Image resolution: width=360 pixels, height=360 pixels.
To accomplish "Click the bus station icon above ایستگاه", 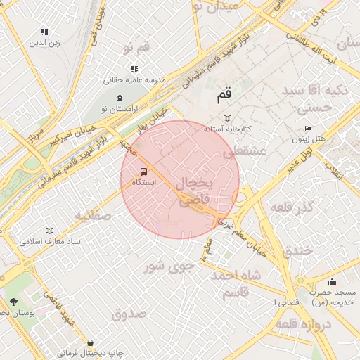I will (x=144, y=171).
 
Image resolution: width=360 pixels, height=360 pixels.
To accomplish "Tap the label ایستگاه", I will (x=144, y=182).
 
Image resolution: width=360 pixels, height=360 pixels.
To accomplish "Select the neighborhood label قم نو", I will (x=136, y=48).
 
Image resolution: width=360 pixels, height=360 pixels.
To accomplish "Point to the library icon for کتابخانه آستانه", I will (x=226, y=118).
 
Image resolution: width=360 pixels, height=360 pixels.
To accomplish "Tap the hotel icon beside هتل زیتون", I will (x=307, y=129).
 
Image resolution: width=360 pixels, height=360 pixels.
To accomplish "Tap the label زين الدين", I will (x=44, y=43).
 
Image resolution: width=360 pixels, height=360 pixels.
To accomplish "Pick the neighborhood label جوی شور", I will (x=167, y=266).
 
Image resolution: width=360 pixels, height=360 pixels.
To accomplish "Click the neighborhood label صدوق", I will (x=129, y=313).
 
